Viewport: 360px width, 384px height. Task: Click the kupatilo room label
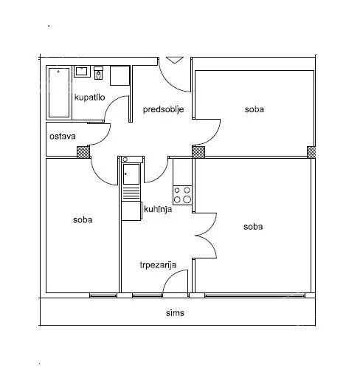[89, 97]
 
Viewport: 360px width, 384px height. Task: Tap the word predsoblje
[163, 109]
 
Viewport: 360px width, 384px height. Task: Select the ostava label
[63, 137]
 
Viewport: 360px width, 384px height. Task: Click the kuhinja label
[158, 210]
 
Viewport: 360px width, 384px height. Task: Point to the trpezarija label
[158, 265]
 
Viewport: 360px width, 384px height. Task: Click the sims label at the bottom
[175, 313]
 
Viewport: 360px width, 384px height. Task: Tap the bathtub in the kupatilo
[59, 92]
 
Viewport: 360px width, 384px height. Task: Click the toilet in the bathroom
[98, 73]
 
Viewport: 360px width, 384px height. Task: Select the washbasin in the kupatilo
[83, 72]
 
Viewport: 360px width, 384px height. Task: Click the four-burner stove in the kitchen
[182, 195]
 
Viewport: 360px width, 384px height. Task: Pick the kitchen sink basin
[131, 174]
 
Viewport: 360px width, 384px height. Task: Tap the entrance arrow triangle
[175, 60]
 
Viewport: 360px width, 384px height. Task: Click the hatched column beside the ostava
[83, 152]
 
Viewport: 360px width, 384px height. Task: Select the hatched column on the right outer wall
[311, 152]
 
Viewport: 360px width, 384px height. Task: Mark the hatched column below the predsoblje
[198, 152]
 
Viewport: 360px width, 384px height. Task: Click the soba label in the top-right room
[255, 109]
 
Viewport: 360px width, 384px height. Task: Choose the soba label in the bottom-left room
[83, 220]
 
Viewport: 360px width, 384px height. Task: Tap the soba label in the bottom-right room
[253, 227]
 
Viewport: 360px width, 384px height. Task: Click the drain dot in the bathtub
[58, 72]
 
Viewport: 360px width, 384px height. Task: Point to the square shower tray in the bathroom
[120, 75]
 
